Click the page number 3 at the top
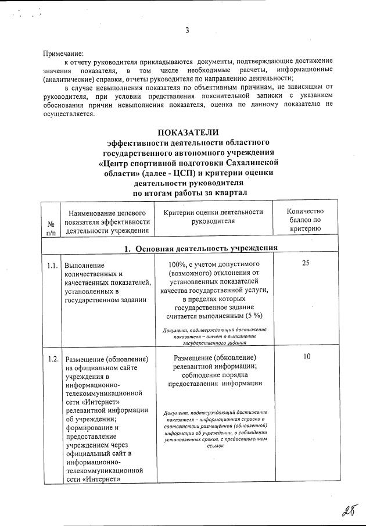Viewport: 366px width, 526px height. point(187,31)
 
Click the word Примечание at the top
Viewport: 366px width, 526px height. point(64,53)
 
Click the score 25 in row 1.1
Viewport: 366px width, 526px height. point(306,263)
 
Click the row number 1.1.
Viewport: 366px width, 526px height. point(52,265)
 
